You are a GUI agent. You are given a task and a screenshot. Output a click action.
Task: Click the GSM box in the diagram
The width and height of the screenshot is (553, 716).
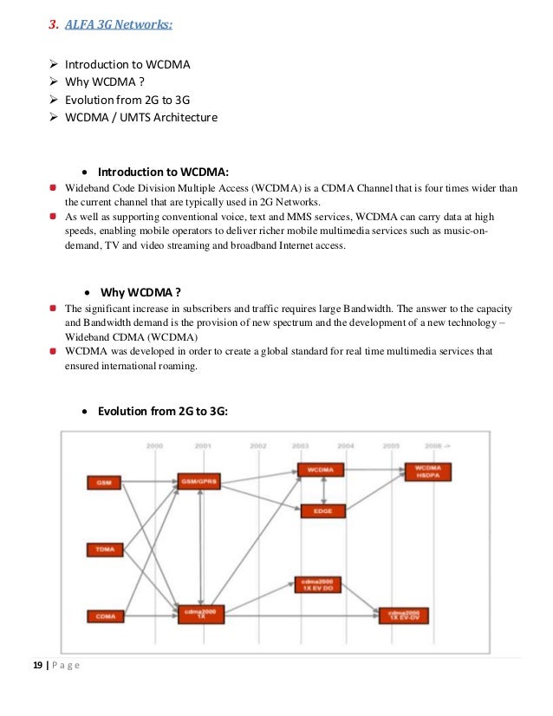(x=104, y=481)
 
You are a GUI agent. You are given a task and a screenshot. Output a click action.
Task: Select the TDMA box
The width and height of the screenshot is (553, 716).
(x=104, y=549)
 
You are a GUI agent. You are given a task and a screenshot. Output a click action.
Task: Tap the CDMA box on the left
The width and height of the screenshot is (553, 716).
(x=104, y=616)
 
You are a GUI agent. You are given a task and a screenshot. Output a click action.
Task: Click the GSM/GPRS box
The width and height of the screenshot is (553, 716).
(x=200, y=481)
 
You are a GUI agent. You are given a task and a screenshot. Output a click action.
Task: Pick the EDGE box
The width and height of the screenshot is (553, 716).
(x=322, y=511)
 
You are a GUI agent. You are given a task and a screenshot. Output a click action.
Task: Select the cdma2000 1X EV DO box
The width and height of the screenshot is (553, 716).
(x=317, y=585)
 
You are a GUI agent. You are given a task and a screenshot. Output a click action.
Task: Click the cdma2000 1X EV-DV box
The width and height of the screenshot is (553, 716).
(x=403, y=615)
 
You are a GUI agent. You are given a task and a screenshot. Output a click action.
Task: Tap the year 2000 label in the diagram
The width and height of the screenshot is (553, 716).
(x=155, y=446)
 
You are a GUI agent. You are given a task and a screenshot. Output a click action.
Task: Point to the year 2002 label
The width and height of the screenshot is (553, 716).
(x=258, y=446)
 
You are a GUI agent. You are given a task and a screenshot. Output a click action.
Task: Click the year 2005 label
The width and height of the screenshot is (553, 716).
(x=391, y=446)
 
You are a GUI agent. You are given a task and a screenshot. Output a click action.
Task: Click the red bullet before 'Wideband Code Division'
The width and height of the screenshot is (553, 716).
(x=54, y=186)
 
